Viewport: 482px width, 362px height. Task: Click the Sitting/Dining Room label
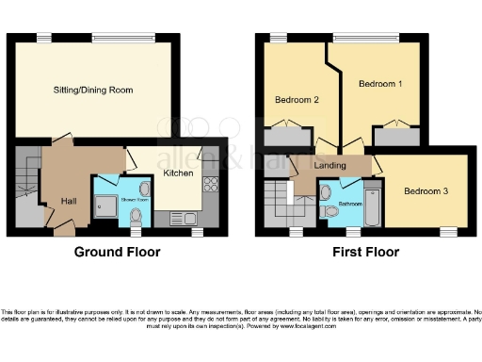(92, 90)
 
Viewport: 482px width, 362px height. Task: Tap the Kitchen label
(178, 173)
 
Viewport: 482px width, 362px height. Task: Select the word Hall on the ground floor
(70, 201)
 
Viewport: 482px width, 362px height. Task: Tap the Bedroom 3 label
(426, 191)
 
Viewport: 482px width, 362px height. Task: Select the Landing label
(330, 167)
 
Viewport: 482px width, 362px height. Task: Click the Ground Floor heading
(118, 252)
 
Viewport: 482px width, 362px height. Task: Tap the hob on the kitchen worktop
(210, 185)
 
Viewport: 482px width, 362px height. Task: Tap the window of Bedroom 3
(448, 230)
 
